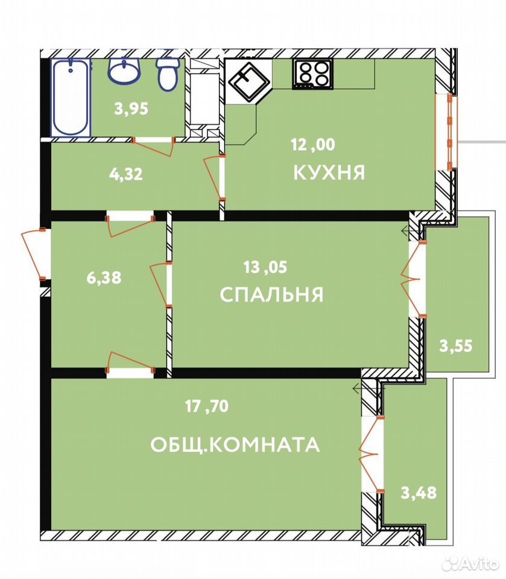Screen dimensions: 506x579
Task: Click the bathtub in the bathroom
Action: [x=71, y=98]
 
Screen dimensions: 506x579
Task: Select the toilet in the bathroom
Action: [x=168, y=74]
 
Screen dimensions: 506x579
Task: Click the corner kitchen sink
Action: [x=248, y=82]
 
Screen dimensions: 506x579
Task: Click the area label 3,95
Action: [x=131, y=109]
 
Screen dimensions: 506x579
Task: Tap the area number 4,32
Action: [x=126, y=174]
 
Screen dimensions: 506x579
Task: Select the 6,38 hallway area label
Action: [x=104, y=277]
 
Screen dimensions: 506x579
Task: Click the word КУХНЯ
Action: [x=329, y=172]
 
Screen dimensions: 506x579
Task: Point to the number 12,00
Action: [x=313, y=144]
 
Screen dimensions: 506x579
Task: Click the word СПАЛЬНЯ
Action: [x=271, y=295]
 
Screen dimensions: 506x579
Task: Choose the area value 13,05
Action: [x=265, y=267]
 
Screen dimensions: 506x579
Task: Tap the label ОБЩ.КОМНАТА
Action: [x=235, y=445]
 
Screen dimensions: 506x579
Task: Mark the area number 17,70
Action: [x=207, y=406]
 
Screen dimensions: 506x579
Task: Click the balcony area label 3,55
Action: [x=456, y=346]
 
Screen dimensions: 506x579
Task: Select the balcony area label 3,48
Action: [x=419, y=493]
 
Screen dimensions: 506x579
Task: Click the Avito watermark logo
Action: [x=470, y=563]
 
